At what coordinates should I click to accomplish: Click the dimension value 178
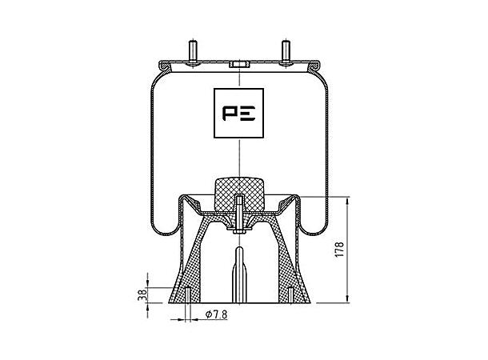pos(341,250)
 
